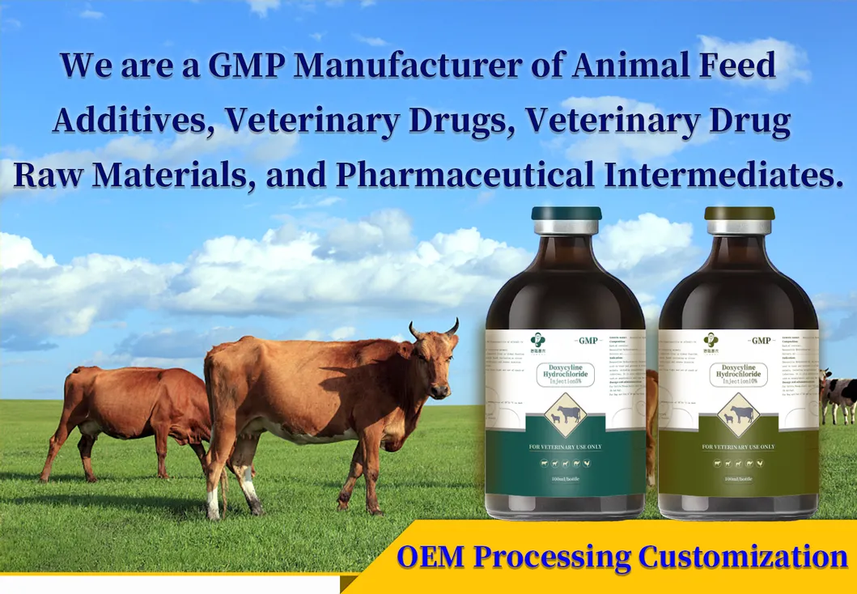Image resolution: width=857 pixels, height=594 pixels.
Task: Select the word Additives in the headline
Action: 132,121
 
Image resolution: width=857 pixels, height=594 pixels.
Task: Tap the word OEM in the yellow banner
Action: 432,558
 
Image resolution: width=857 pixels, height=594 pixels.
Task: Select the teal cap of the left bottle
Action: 566,214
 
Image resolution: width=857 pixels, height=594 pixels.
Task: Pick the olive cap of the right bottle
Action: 739,214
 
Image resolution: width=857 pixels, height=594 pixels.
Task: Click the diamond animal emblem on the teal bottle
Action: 565,414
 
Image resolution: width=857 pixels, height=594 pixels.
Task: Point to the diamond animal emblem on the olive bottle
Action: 738,414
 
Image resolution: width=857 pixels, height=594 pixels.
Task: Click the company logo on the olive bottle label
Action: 711,341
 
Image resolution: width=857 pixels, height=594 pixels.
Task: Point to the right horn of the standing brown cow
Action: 453,325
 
